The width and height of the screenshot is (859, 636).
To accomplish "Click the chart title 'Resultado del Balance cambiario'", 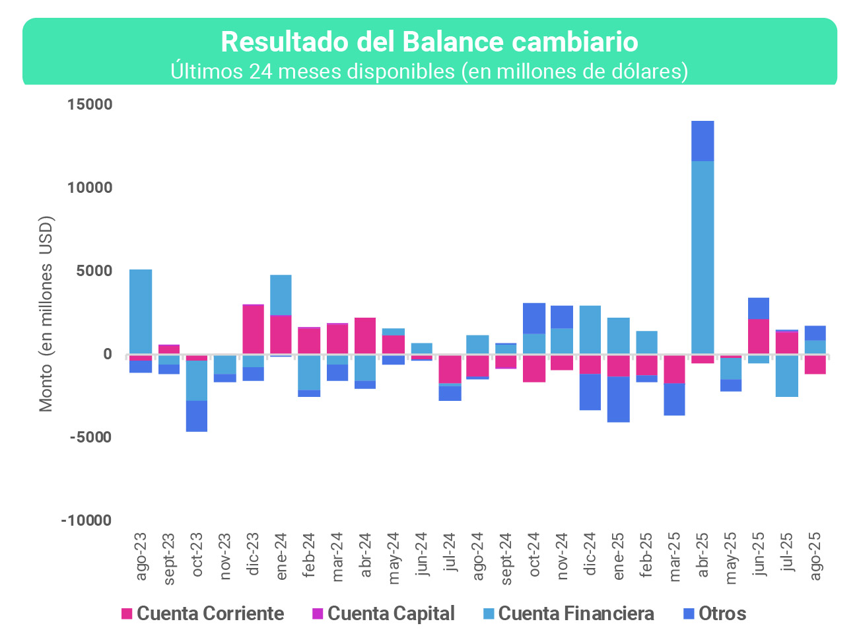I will click(x=429, y=42).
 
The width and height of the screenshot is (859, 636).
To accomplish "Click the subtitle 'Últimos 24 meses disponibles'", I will click(x=429, y=71).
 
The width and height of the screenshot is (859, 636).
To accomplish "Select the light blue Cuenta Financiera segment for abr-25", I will click(x=703, y=258).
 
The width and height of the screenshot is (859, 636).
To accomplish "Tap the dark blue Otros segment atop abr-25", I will click(x=703, y=141).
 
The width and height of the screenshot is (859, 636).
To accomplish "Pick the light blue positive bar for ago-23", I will click(x=141, y=311).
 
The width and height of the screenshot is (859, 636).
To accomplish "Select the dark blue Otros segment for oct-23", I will click(x=197, y=416).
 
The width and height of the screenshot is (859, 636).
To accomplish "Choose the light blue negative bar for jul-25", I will click(x=787, y=375).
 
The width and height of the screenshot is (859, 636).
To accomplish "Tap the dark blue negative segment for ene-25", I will click(x=619, y=399).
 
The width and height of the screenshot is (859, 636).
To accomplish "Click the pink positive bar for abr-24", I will click(x=365, y=336).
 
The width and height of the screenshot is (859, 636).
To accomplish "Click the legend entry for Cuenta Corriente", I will click(x=203, y=614).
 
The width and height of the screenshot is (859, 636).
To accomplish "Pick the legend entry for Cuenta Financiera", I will click(x=568, y=614).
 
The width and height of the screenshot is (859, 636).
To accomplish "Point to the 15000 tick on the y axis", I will click(x=90, y=104).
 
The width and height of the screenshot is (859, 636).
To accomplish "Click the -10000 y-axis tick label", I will click(x=86, y=520).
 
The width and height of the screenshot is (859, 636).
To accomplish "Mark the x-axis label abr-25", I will click(x=703, y=555).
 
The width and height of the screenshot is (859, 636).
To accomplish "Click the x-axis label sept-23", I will click(x=169, y=559).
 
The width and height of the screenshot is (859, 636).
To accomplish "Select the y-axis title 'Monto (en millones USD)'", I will click(x=46, y=314).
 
